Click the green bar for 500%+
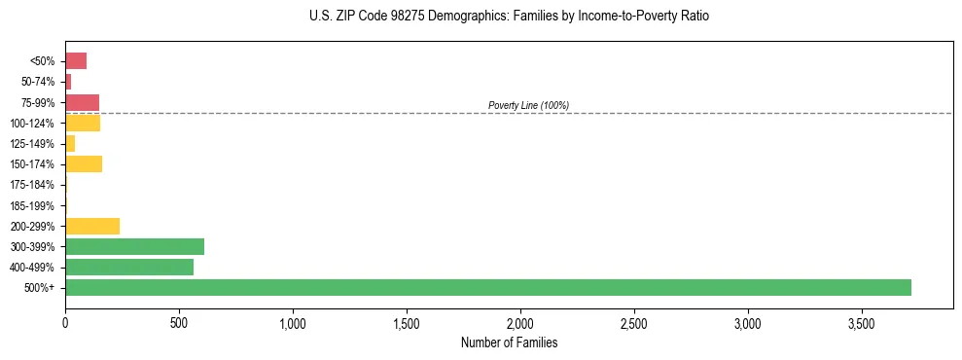(x=487, y=287)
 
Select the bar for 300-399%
(x=134, y=246)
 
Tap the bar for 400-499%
(x=129, y=267)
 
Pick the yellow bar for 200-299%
(x=92, y=226)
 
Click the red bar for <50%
(x=76, y=61)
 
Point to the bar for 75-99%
(x=82, y=102)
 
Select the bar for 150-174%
(x=84, y=163)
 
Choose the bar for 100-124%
(x=83, y=123)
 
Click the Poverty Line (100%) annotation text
(x=528, y=105)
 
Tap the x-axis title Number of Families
(x=509, y=342)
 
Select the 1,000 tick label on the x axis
(x=293, y=322)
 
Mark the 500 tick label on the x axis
(x=179, y=322)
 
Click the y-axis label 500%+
(x=41, y=288)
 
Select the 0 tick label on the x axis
(x=65, y=322)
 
